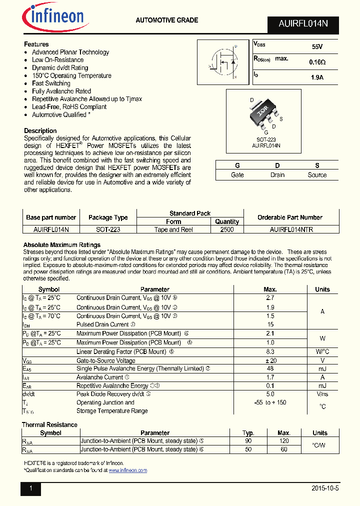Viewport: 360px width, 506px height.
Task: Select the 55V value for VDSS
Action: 317,46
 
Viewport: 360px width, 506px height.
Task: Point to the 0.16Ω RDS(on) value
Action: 317,62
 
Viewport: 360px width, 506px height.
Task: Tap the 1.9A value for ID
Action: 317,77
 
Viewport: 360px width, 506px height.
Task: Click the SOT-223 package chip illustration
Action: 263,112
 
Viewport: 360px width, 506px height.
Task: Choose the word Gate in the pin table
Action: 237,175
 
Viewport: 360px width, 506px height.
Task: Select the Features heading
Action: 36,44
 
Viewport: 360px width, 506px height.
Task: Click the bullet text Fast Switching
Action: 51,83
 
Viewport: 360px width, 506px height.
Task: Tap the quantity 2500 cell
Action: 227,229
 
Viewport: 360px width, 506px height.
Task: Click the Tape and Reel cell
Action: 173,229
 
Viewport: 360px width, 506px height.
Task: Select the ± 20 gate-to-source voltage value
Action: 270,360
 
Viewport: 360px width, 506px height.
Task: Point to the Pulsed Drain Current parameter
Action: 102,324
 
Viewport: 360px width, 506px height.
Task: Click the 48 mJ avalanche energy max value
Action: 270,368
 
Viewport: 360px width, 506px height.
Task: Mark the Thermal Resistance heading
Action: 49,425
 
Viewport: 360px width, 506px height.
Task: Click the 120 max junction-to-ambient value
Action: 283,441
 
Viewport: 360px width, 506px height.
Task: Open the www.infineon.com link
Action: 127,470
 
